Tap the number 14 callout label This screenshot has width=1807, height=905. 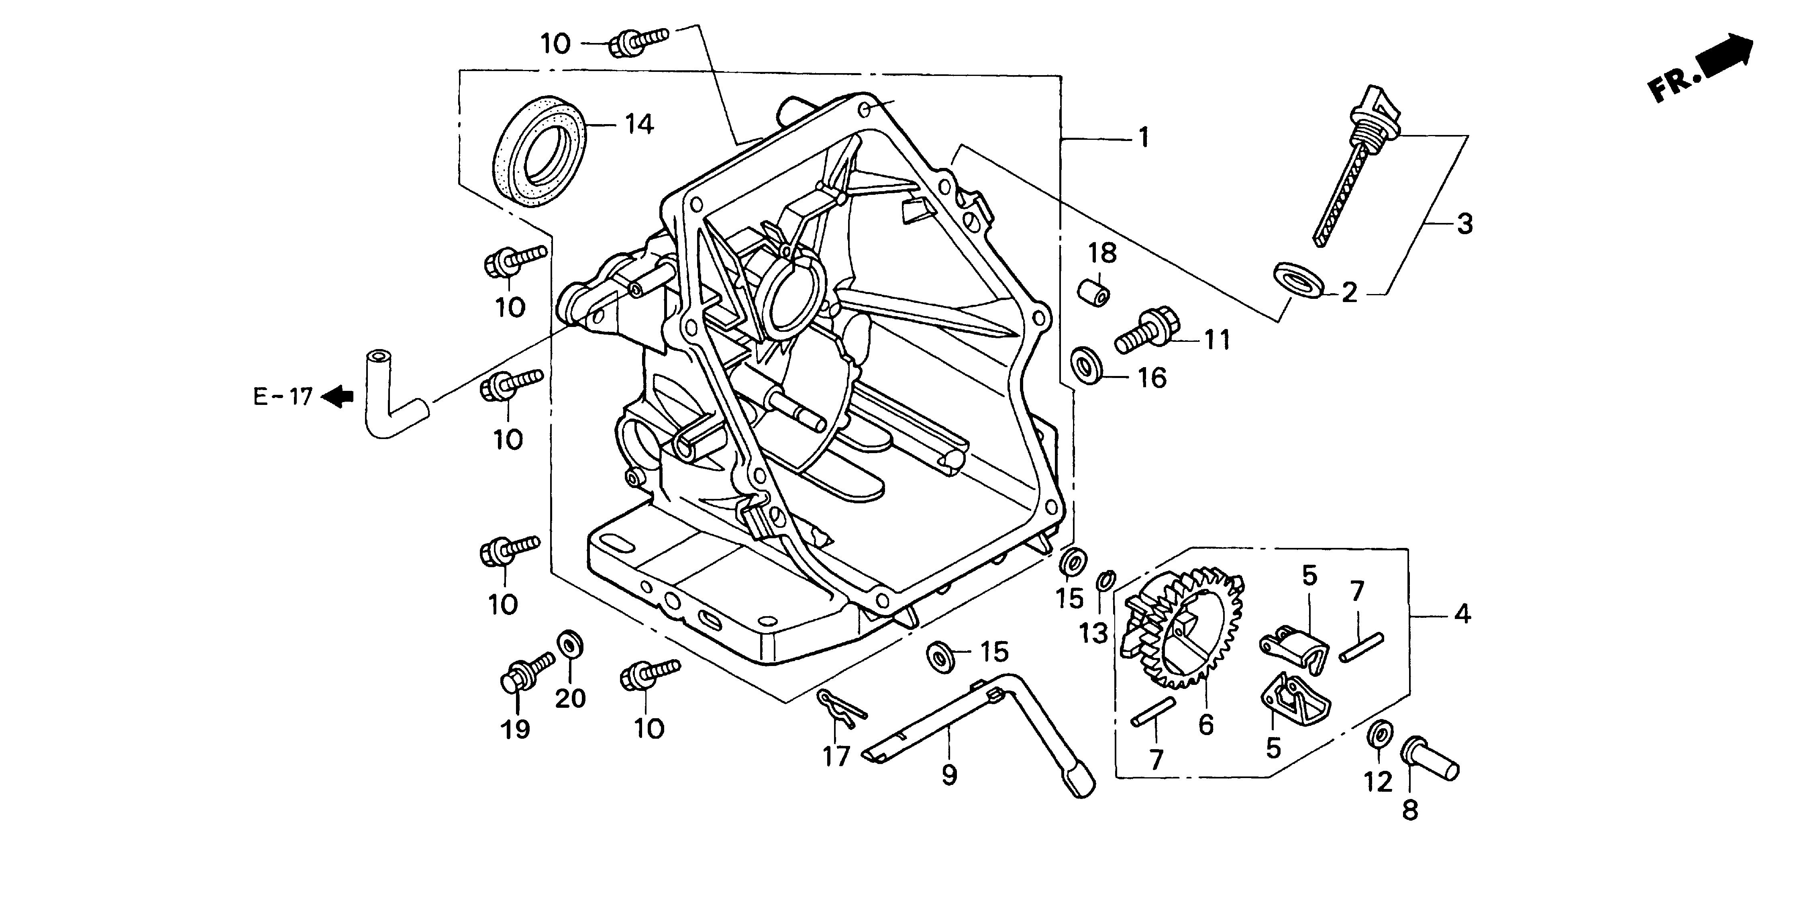638,124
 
